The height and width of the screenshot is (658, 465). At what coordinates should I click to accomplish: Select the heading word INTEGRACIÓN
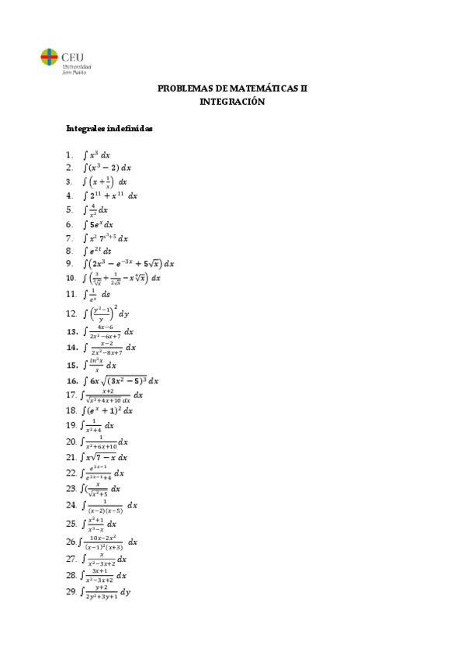(x=232, y=102)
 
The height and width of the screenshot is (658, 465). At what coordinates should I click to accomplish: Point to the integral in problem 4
(x=110, y=196)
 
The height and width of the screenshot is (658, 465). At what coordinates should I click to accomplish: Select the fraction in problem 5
(x=92, y=210)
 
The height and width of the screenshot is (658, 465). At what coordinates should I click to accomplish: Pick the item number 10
(x=71, y=278)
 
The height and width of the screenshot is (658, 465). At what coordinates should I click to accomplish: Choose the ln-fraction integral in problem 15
(x=100, y=365)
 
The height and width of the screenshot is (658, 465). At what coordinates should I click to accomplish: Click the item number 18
(x=71, y=410)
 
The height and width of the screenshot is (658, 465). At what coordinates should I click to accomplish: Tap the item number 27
(x=71, y=559)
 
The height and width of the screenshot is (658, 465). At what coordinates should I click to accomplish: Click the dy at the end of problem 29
(x=126, y=593)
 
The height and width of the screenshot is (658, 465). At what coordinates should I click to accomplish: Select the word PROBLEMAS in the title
(x=183, y=89)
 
